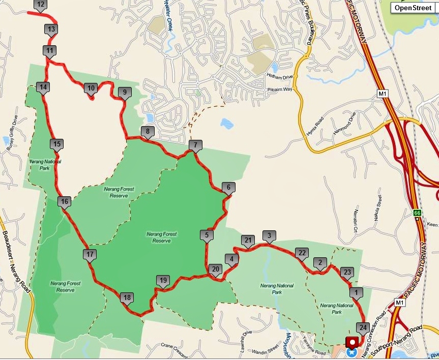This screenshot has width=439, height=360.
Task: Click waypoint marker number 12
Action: point(41,5)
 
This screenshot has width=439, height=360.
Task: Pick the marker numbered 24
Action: point(363,327)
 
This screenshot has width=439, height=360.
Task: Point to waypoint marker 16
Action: point(64,202)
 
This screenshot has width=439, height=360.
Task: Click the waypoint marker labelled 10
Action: point(91,88)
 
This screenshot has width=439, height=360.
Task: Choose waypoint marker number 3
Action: point(269,235)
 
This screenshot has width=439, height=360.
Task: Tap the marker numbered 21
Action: point(248,240)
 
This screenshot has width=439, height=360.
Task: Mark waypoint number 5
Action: point(206,235)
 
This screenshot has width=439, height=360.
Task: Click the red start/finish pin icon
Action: point(352,342)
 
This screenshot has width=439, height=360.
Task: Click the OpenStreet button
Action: point(413,8)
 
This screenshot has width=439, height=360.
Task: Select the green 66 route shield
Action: point(417,213)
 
